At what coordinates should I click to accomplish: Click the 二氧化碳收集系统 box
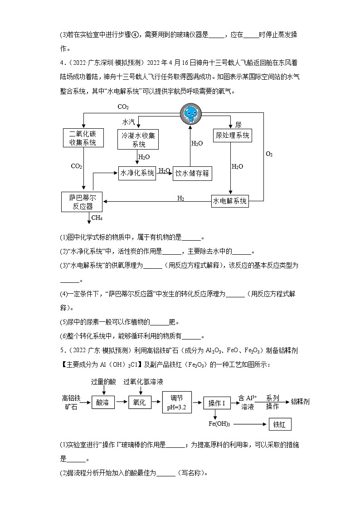(x=83, y=138)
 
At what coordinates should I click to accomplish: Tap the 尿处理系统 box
(x=232, y=135)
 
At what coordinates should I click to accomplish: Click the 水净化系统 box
(x=137, y=173)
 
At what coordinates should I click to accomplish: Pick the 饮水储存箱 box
(x=193, y=173)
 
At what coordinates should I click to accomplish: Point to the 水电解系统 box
(x=230, y=201)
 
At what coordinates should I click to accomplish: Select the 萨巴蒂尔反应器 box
(x=82, y=202)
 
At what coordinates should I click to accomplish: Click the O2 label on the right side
(x=269, y=154)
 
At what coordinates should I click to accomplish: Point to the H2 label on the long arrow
(x=180, y=198)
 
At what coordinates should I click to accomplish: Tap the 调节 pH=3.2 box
(x=177, y=402)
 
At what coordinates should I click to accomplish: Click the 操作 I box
(x=217, y=402)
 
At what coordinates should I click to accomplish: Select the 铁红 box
(x=279, y=424)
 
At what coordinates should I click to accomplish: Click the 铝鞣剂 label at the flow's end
(x=300, y=402)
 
